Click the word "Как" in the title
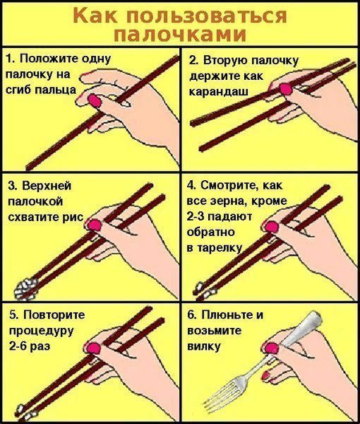[x=95, y=15]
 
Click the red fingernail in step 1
[x=94, y=100]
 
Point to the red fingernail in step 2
[x=286, y=89]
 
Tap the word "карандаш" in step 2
[x=217, y=92]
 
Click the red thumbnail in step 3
[x=92, y=224]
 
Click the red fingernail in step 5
[x=91, y=347]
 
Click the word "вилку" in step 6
[x=205, y=346]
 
